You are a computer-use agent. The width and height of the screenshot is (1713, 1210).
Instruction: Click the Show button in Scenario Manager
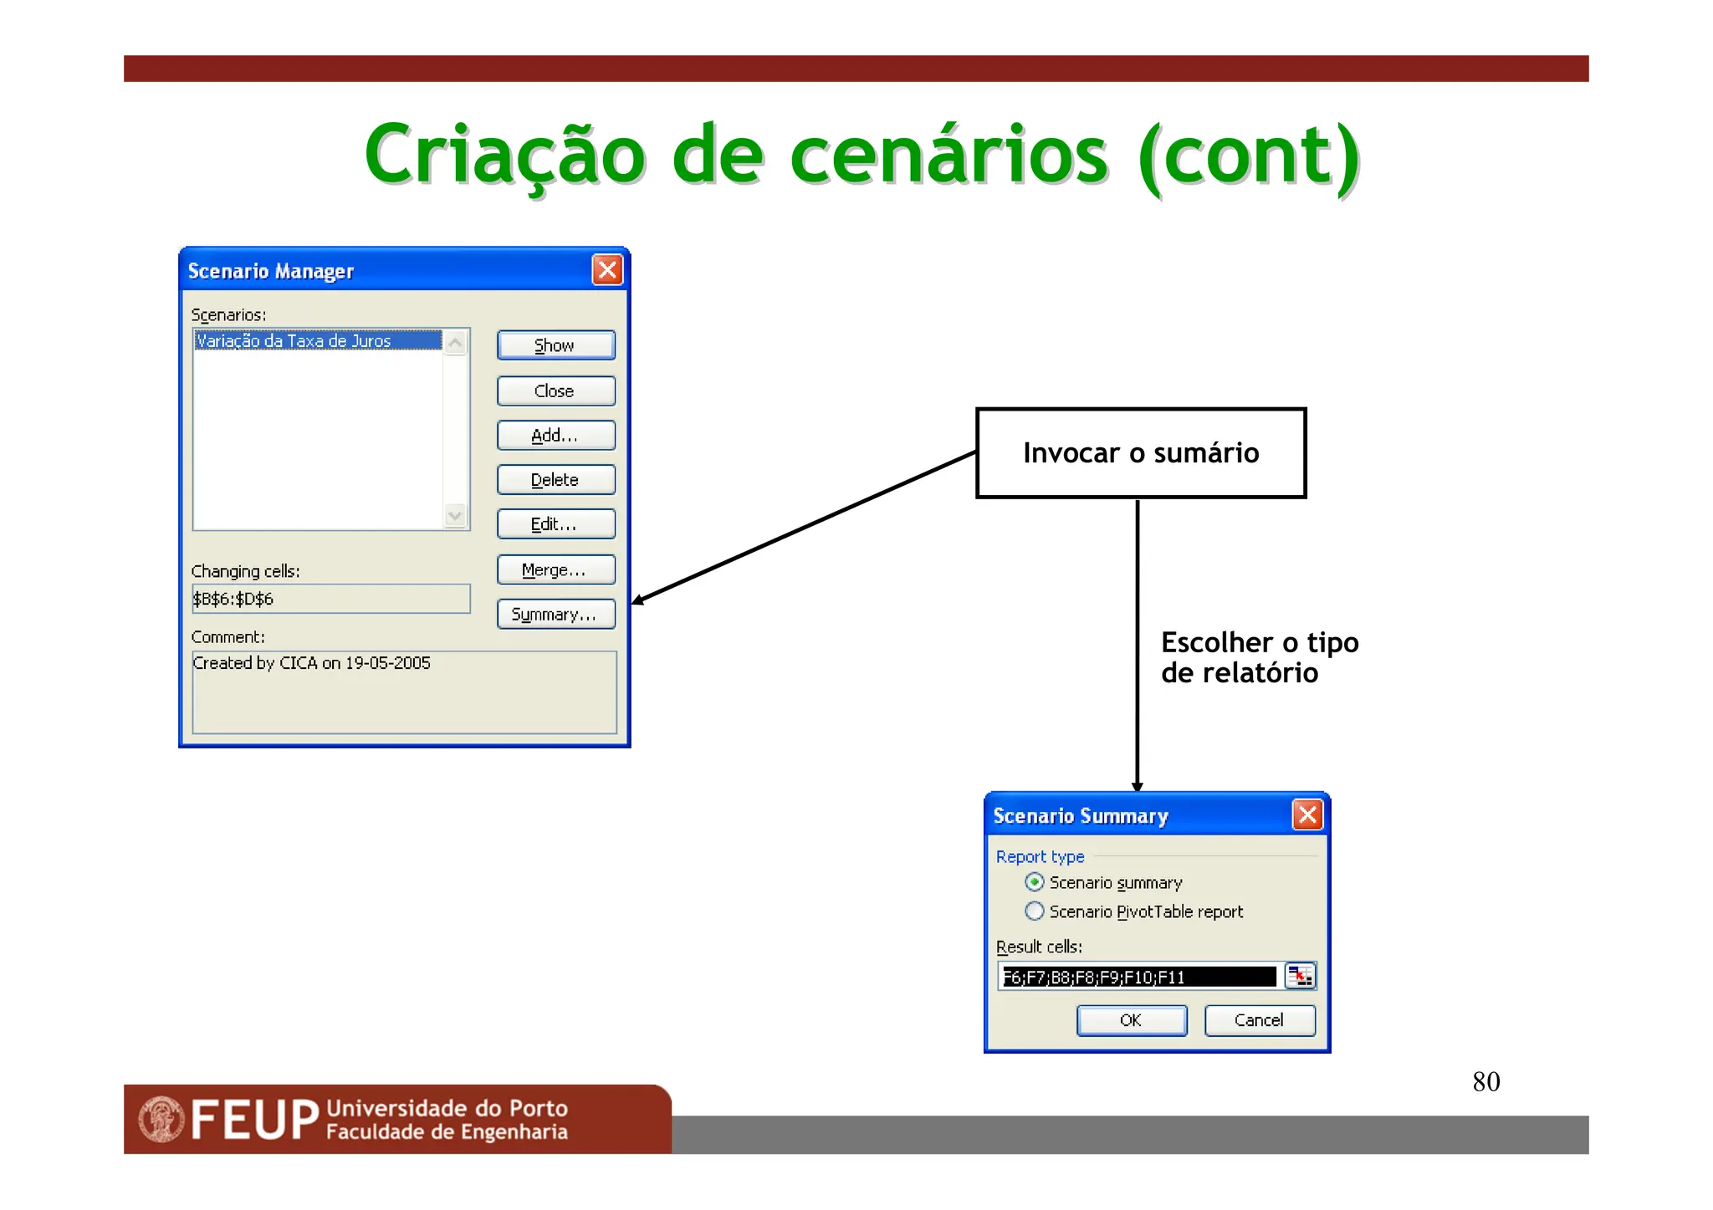(x=555, y=345)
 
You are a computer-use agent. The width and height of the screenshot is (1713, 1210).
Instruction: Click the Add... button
(x=555, y=436)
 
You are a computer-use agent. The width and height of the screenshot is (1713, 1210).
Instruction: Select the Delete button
(x=555, y=480)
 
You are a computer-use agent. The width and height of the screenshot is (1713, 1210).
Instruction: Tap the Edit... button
(x=555, y=524)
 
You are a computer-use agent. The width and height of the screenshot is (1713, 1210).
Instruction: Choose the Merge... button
(x=555, y=570)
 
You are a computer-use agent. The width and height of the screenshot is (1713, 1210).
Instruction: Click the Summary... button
(x=555, y=615)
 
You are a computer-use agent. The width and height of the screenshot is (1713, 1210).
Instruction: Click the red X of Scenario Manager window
(x=607, y=270)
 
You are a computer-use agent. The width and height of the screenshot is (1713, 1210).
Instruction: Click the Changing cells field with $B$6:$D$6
(x=330, y=599)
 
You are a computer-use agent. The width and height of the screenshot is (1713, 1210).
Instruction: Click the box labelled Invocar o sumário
(x=1140, y=453)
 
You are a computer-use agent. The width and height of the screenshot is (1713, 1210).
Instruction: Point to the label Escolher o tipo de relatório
(x=1259, y=657)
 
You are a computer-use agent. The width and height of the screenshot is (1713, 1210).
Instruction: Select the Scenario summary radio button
(x=1035, y=882)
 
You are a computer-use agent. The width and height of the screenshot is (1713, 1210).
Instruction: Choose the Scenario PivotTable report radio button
(x=1035, y=911)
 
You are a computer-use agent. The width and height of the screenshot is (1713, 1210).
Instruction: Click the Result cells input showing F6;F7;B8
(x=1138, y=977)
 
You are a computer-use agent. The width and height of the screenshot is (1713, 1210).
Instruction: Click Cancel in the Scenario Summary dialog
(x=1259, y=1020)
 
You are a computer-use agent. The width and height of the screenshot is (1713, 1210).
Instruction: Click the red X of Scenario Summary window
(x=1307, y=814)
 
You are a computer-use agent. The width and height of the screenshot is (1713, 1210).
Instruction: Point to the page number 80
(x=1485, y=1082)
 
